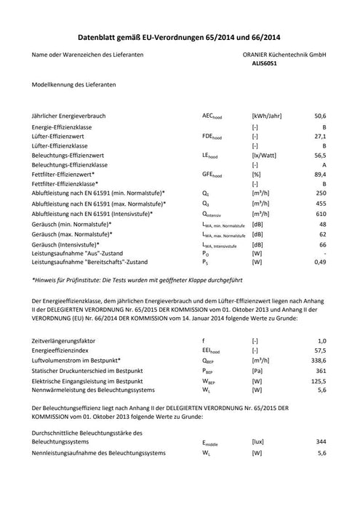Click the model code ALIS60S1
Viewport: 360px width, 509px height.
pyautogui.click(x=265, y=64)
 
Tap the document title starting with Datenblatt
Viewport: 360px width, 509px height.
pyautogui.click(x=180, y=35)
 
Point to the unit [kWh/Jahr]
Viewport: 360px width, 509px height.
pyautogui.click(x=267, y=116)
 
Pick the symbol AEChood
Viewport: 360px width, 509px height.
pyautogui.click(x=213, y=116)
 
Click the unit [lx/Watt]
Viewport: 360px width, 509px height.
pyautogui.click(x=263, y=155)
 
